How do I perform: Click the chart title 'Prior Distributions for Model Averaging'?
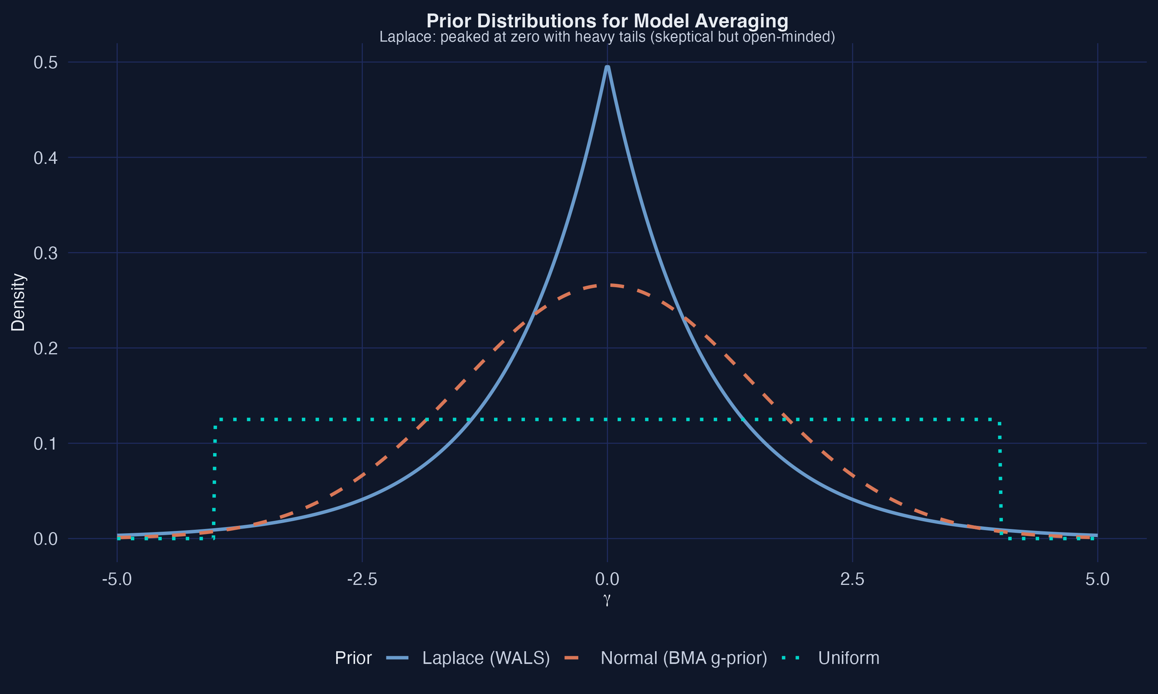[607, 21]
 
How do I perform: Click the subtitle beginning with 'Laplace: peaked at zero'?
[607, 37]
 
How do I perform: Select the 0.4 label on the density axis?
[46, 158]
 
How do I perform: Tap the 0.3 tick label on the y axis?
[46, 253]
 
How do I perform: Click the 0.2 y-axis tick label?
[46, 349]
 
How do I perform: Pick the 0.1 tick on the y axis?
[46, 444]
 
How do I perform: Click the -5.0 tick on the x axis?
[117, 579]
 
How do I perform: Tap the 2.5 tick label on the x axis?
[852, 579]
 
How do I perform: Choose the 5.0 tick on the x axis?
[1097, 579]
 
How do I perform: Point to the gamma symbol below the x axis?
[607, 599]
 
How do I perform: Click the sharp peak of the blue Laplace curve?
[607, 68]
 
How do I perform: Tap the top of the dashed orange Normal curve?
[607, 285]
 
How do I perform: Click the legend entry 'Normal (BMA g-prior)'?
[683, 658]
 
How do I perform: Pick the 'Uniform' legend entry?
[848, 658]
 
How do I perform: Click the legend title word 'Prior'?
[353, 658]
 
